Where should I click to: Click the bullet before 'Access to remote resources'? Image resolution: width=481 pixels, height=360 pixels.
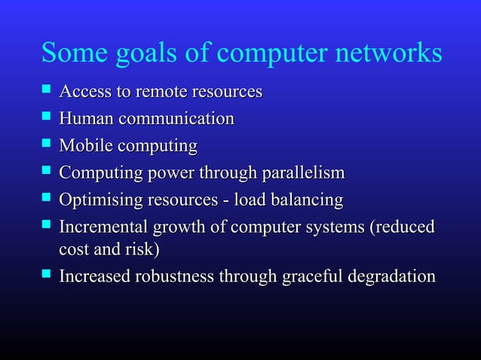pos(47,92)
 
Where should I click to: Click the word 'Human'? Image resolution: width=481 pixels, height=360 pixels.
pos(84,119)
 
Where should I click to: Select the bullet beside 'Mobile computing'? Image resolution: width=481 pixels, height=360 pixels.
pos(47,145)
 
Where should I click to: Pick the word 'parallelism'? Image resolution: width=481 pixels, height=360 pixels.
pos(303,173)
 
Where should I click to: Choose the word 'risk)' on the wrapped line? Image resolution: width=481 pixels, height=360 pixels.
pos(142,249)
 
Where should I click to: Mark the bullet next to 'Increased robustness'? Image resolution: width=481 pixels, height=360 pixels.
pos(47,276)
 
